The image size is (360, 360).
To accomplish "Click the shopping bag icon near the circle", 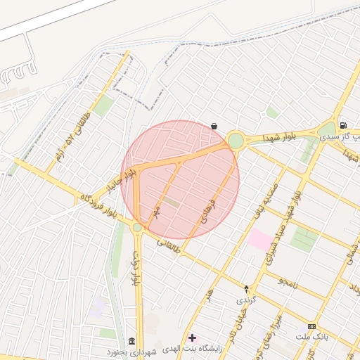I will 214,127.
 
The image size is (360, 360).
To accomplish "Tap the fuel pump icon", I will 342,125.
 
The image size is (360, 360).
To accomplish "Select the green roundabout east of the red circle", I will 236,141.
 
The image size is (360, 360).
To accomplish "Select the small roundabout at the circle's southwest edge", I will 137,228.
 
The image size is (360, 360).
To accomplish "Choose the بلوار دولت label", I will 136,268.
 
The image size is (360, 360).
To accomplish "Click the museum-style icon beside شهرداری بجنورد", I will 132,341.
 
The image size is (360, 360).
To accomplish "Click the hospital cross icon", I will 193,338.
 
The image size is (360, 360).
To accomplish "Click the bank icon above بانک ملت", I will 311,327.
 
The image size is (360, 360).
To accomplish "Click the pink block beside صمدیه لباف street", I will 261,240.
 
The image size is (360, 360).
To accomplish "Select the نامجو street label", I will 288,282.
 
